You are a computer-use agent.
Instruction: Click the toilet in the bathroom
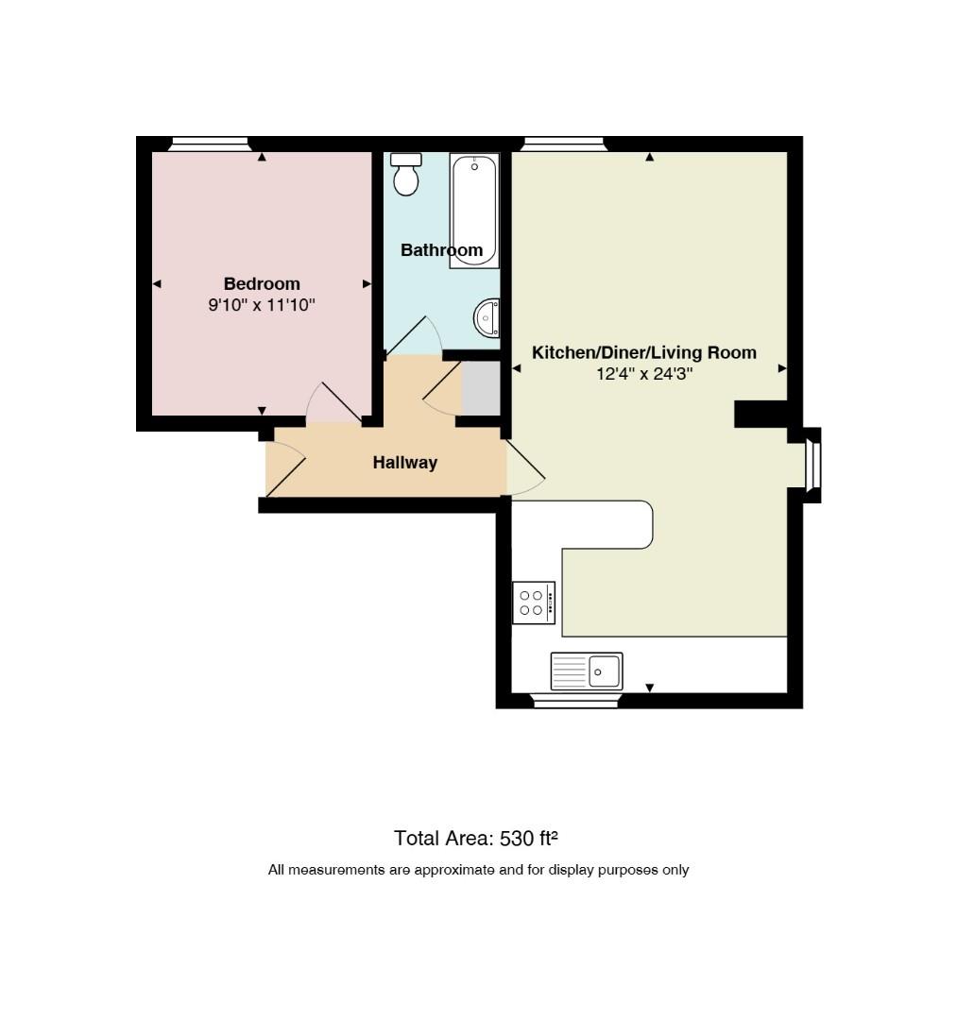click(x=406, y=175)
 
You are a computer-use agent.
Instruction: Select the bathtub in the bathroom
click(x=474, y=211)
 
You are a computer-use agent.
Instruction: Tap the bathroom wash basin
click(x=487, y=317)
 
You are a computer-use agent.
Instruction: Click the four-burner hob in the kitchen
click(x=534, y=603)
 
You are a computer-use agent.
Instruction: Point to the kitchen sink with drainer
click(x=587, y=671)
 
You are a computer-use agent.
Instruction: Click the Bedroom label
click(x=262, y=283)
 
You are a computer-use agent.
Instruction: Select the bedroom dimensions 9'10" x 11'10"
click(x=262, y=304)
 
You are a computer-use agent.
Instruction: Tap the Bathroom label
click(x=442, y=249)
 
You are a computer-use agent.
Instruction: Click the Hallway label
click(x=404, y=463)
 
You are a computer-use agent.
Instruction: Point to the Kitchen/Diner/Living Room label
click(x=644, y=352)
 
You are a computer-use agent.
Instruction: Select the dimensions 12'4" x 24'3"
click(x=644, y=374)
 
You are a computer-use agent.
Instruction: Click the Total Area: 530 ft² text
click(x=475, y=838)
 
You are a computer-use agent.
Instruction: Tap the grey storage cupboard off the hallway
click(x=481, y=388)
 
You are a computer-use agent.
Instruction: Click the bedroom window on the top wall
click(x=210, y=144)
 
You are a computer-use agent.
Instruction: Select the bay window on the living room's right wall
click(x=812, y=465)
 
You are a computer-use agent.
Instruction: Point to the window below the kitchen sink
click(x=574, y=701)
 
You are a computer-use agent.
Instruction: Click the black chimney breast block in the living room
click(x=760, y=415)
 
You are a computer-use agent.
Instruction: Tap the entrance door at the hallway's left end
click(x=285, y=467)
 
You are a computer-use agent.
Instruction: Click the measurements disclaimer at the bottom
click(x=478, y=870)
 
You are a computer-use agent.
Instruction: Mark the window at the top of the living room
click(x=563, y=144)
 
